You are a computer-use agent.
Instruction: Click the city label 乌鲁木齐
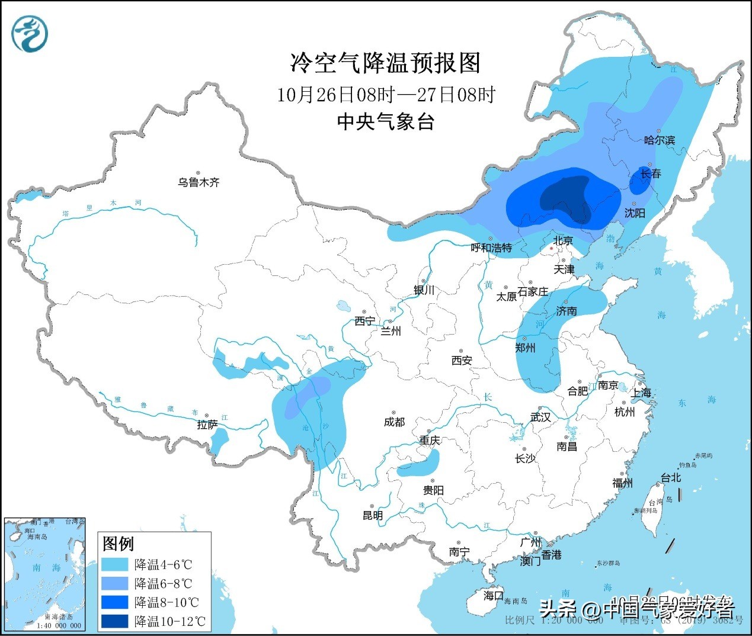click(x=199, y=182)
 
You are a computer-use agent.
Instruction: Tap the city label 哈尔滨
click(x=660, y=140)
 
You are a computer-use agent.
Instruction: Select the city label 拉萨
click(x=207, y=425)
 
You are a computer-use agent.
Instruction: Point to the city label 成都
click(x=394, y=422)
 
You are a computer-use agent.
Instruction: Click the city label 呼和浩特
click(x=491, y=248)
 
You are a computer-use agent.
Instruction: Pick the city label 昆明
click(x=373, y=515)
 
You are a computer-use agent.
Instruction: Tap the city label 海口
click(x=493, y=595)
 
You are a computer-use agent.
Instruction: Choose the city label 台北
click(x=671, y=477)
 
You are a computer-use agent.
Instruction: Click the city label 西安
click(x=462, y=360)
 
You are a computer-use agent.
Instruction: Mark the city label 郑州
click(x=525, y=348)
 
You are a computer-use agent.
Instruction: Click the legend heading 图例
click(x=119, y=543)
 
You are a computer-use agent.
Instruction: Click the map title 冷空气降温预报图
click(x=385, y=63)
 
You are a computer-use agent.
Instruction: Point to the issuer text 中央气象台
click(x=385, y=121)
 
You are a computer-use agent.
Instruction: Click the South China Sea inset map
click(x=44, y=573)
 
